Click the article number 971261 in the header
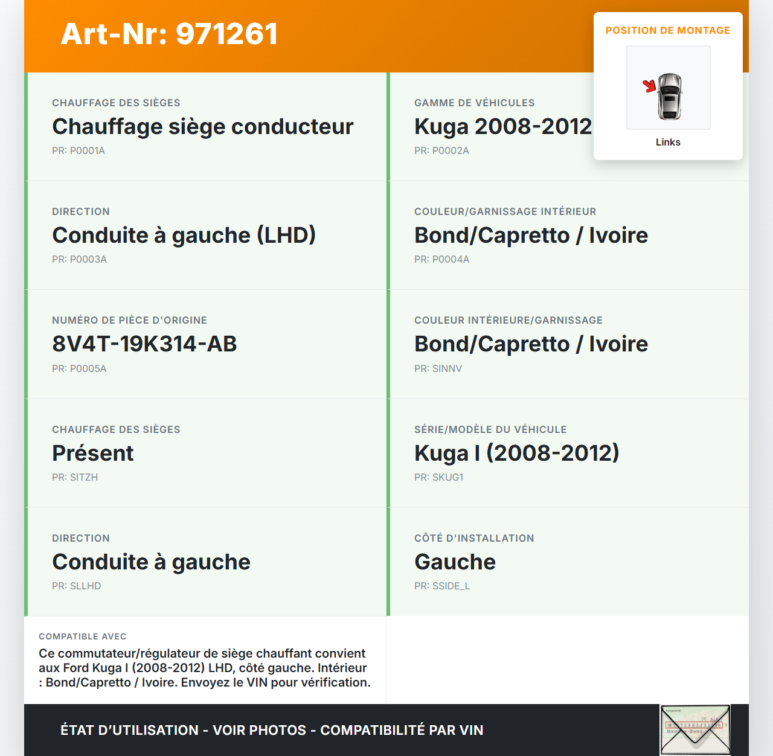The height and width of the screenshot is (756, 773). tap(226, 34)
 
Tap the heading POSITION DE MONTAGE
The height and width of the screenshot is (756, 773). tap(667, 30)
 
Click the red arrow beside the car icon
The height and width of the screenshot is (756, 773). tap(650, 86)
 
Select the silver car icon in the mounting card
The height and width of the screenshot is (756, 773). tap(670, 96)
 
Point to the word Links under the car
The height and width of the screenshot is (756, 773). tap(668, 142)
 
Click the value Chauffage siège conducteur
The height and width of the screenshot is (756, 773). tap(202, 127)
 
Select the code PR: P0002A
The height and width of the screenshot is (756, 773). tap(441, 150)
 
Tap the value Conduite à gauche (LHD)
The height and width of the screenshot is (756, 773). tap(184, 235)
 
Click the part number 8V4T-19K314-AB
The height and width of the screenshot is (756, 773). tap(144, 344)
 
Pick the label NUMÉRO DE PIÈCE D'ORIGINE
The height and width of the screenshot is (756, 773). tap(129, 320)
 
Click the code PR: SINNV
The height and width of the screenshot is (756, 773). tap(438, 368)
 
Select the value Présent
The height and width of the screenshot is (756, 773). tap(92, 453)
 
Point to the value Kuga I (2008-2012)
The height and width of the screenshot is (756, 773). tap(516, 453)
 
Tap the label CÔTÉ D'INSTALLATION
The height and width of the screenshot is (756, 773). tap(474, 538)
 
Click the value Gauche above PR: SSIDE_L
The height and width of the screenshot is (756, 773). tap(455, 562)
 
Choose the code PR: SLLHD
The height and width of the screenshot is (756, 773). tap(76, 586)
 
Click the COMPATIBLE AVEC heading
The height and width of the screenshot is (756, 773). tap(83, 636)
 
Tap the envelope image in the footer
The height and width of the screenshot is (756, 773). tap(694, 729)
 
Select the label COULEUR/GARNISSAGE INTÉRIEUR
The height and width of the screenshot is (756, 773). tap(505, 211)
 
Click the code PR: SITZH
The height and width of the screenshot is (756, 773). tap(75, 477)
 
